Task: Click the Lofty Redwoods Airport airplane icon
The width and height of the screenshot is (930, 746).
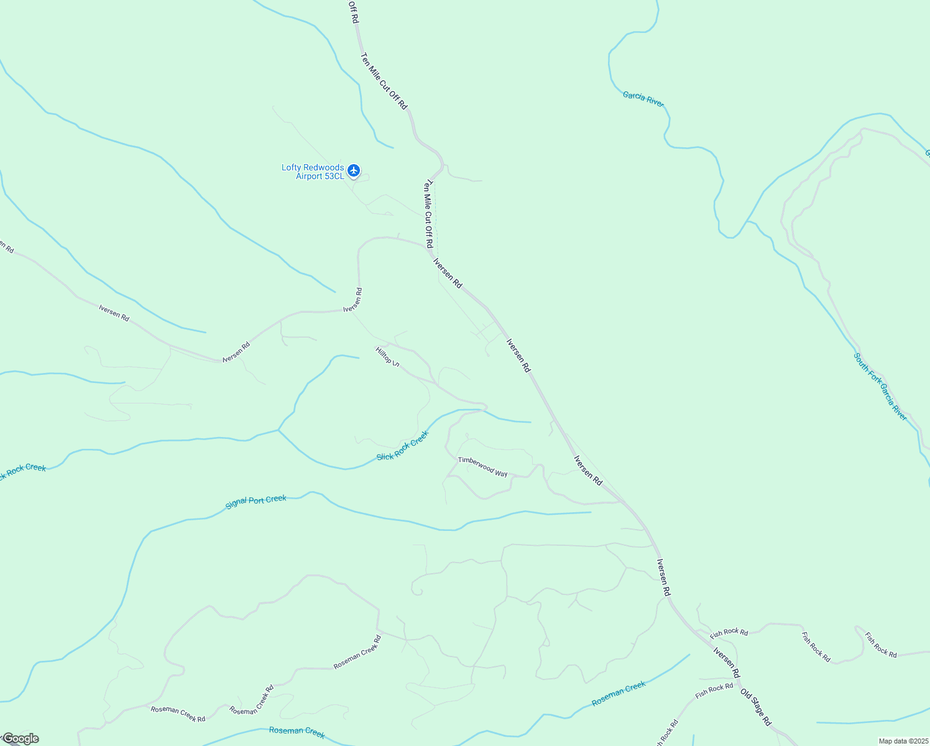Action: coord(354,170)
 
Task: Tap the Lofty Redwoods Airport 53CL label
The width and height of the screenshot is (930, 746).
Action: coord(313,172)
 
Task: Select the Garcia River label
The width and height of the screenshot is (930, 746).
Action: coord(643,99)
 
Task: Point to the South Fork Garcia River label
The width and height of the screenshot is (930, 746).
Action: coord(880,387)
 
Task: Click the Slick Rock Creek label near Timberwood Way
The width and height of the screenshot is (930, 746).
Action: coord(403,446)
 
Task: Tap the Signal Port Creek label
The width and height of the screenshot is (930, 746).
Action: coord(256,502)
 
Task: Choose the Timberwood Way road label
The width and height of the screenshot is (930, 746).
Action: coord(482,467)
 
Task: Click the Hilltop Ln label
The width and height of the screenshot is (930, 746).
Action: coord(387,356)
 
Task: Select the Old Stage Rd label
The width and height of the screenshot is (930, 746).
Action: coord(756,707)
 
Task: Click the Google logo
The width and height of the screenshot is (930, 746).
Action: coord(21,739)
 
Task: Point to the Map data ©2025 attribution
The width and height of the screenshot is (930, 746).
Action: coord(903,741)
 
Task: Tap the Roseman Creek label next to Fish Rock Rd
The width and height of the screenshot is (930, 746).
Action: coord(619,694)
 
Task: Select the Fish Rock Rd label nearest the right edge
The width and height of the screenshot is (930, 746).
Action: coord(881,645)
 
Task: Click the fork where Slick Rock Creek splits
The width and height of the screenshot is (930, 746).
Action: coord(279,430)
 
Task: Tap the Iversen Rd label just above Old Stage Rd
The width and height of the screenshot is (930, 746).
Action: coord(727,663)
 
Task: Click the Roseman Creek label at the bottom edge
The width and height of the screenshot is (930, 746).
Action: coord(297,732)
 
